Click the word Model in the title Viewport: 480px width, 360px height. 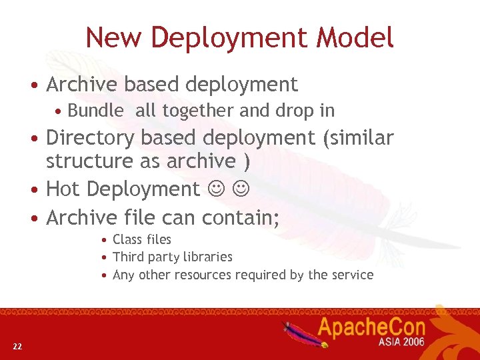tap(355, 37)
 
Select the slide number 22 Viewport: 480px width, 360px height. tap(17, 345)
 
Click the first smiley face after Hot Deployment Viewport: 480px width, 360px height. tap(216, 190)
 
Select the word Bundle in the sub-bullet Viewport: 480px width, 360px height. tap(95, 111)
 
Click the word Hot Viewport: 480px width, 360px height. tap(63, 189)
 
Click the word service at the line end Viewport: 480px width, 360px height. tap(353, 275)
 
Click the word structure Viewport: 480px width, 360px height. tap(87, 161)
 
